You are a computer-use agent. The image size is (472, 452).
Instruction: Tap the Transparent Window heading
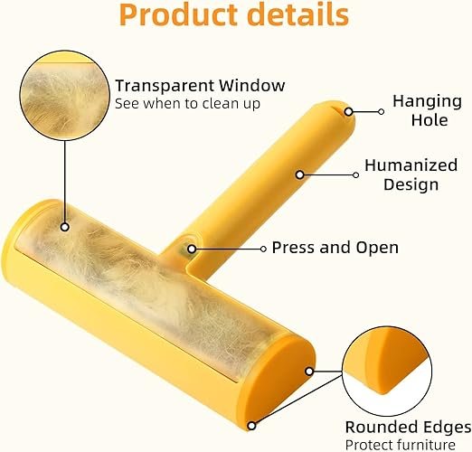point(200,86)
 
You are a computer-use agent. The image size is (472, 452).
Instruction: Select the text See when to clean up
point(187,104)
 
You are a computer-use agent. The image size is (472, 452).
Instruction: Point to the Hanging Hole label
point(427,110)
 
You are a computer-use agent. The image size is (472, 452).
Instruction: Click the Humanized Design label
point(411,174)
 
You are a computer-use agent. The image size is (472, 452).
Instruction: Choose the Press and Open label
point(335,248)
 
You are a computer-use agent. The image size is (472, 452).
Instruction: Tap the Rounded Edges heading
point(409,428)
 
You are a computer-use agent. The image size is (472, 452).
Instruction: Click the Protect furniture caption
point(401,445)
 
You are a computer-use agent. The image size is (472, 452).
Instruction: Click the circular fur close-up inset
point(64,95)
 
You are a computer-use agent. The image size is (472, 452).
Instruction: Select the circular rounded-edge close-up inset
point(387,372)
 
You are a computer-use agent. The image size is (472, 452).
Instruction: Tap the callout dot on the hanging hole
point(349,112)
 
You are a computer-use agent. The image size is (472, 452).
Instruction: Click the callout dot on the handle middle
point(300,174)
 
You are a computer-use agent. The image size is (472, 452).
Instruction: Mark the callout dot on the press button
point(192,250)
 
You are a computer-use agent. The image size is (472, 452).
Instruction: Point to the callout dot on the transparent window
point(65,227)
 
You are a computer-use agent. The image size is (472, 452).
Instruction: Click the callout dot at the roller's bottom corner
point(251,426)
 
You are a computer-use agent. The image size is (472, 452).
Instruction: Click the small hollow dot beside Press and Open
point(263,249)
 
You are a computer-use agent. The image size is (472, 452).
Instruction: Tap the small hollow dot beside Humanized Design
point(355,174)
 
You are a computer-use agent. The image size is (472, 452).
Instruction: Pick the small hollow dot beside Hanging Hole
point(381,112)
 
